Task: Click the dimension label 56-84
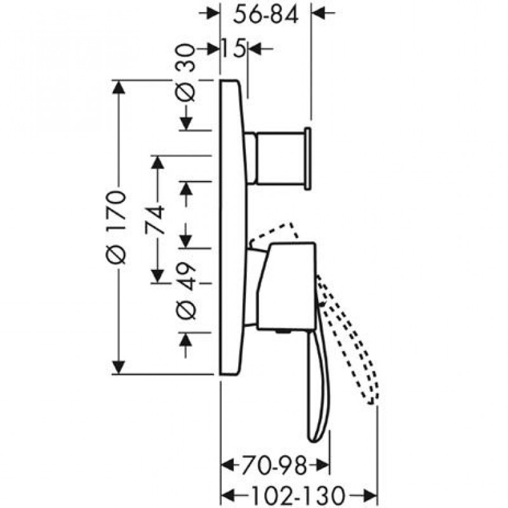point(265,15)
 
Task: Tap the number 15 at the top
point(233,50)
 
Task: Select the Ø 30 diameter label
point(185,74)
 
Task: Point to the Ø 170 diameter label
point(116,228)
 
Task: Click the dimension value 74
point(154,220)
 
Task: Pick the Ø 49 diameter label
point(185,291)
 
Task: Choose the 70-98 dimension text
point(274,465)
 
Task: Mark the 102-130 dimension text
point(297,495)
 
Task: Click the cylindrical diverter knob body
point(281,158)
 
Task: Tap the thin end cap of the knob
point(308,158)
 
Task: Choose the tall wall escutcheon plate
point(232,227)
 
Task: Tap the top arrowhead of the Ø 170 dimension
point(119,88)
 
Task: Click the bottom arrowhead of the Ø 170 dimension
point(119,367)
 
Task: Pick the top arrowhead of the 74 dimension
point(157,162)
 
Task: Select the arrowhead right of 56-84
point(319,13)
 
